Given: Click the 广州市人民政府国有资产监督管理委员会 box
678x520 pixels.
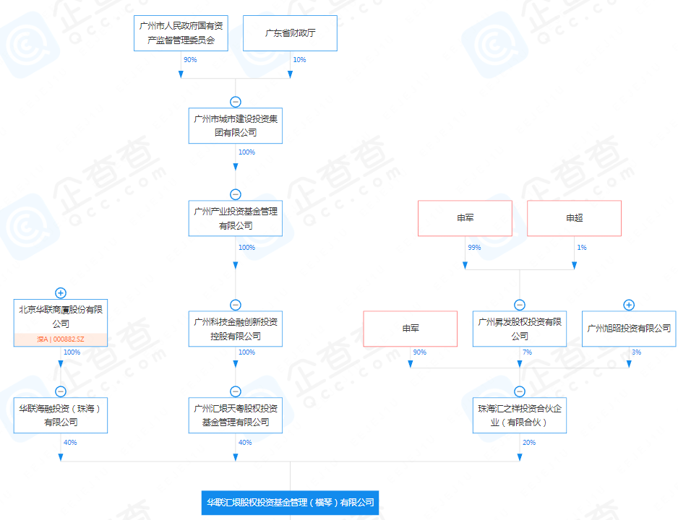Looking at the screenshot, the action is pyautogui.click(x=181, y=33).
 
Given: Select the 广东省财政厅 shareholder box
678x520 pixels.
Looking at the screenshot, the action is pyautogui.click(x=290, y=33).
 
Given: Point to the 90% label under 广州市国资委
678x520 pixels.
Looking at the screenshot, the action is pyautogui.click(x=190, y=60).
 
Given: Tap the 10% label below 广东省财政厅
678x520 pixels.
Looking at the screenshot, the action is pyautogui.click(x=299, y=60).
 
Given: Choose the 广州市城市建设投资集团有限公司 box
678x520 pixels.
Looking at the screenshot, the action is pyautogui.click(x=236, y=126).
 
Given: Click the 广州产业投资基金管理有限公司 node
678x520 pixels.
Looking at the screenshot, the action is pyautogui.click(x=236, y=218).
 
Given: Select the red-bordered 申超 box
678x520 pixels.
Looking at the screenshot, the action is pyautogui.click(x=574, y=218).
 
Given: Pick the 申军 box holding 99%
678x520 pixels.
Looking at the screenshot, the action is pyautogui.click(x=465, y=218).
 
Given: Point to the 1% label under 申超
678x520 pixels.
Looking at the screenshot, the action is pyautogui.click(x=582, y=248).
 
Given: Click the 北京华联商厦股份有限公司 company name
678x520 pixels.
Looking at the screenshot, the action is pyautogui.click(x=61, y=316).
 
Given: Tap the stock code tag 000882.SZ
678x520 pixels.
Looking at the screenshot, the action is pyautogui.click(x=61, y=339).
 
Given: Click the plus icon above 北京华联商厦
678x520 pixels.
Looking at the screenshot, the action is pyautogui.click(x=61, y=292).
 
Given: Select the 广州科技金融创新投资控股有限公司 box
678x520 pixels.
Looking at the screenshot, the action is pyautogui.click(x=236, y=329).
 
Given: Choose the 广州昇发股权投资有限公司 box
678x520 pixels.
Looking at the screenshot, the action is pyautogui.click(x=520, y=329).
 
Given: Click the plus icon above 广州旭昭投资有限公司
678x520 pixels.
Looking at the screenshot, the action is pyautogui.click(x=629, y=305).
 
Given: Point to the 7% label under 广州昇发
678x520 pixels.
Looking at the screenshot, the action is pyautogui.click(x=527, y=352).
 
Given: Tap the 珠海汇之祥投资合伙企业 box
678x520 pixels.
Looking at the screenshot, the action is pyautogui.click(x=520, y=415).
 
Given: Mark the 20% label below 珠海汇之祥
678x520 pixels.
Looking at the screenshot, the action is pyautogui.click(x=529, y=443).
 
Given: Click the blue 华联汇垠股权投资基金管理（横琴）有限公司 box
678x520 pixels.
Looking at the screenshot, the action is pyautogui.click(x=290, y=503).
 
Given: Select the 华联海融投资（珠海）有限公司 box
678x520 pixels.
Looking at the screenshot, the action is pyautogui.click(x=61, y=415).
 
